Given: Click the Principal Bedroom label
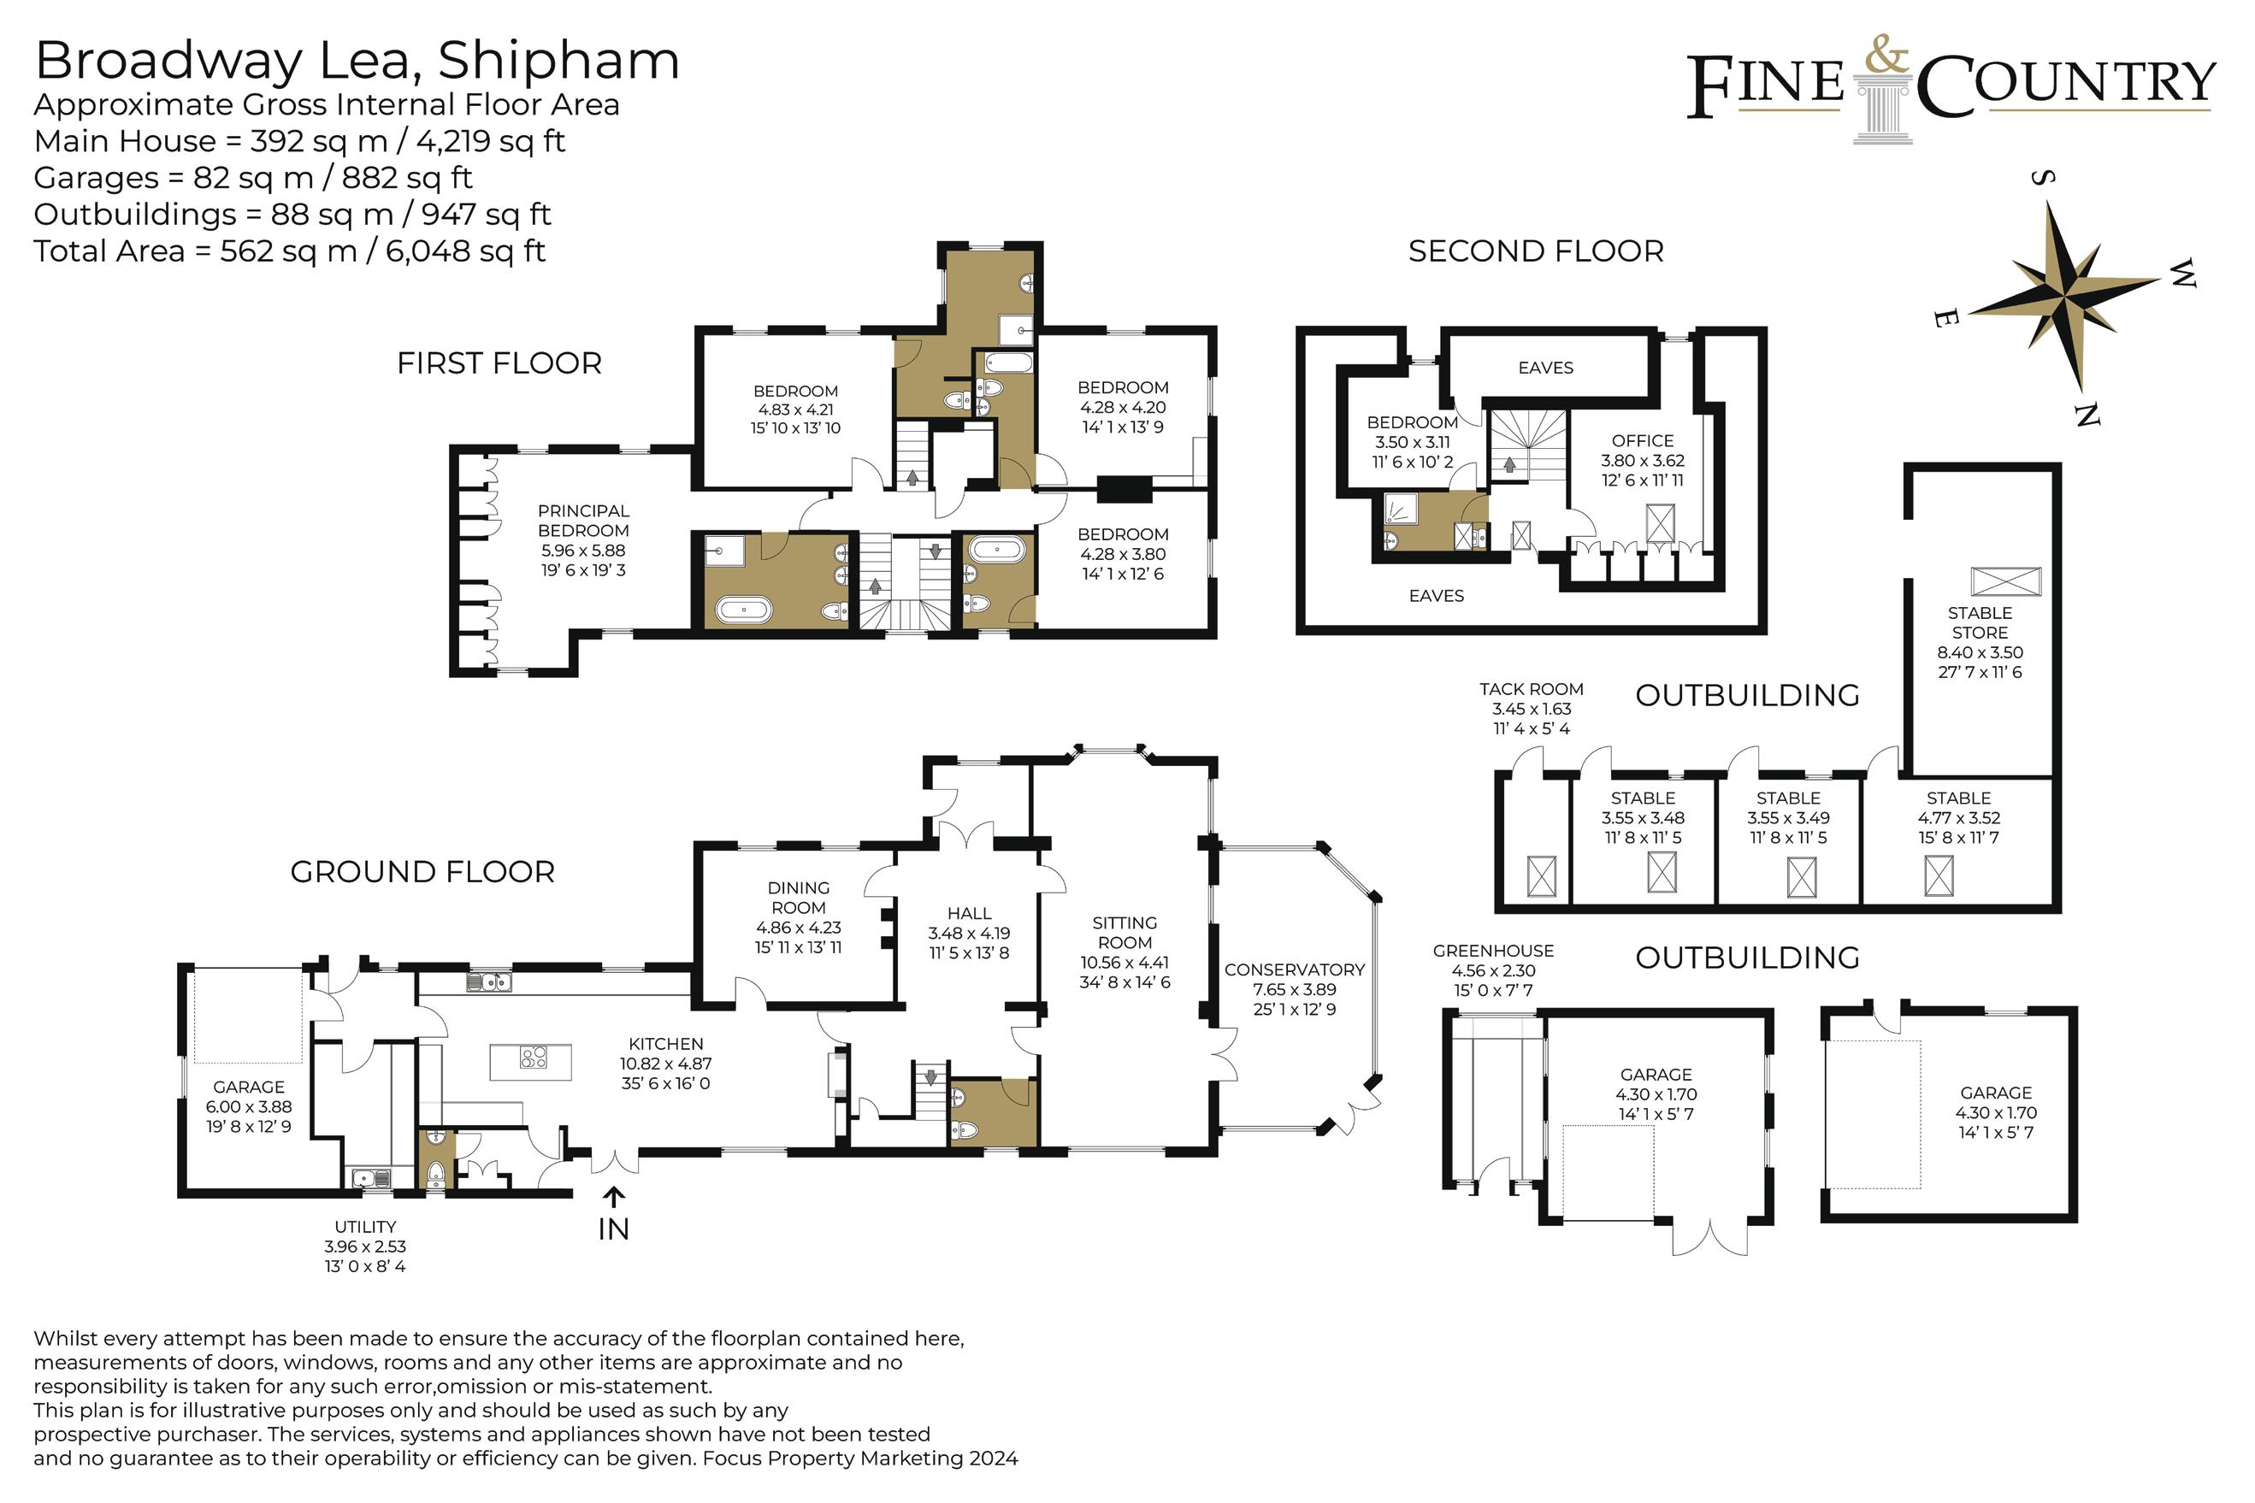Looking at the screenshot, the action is point(583,521).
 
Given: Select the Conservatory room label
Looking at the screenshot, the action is point(1295,970).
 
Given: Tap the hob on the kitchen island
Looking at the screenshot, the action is point(533,1058).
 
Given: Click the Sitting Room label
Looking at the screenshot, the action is point(1125,932).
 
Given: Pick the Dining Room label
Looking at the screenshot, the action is point(799,897).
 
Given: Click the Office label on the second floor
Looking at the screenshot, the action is point(1643,441).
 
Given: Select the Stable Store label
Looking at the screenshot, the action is point(1980,622).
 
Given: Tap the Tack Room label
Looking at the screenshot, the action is point(1532,689).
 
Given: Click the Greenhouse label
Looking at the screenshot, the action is point(1494,951).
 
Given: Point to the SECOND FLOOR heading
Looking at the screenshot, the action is point(1536,251).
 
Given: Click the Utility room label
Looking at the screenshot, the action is point(365,1227).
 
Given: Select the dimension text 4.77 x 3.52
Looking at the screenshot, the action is point(1959,817).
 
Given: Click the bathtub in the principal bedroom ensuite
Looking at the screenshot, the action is point(743,610).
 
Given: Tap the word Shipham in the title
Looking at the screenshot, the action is point(559,61).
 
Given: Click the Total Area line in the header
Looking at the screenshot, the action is point(290,251).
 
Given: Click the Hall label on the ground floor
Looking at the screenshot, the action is point(970,913).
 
